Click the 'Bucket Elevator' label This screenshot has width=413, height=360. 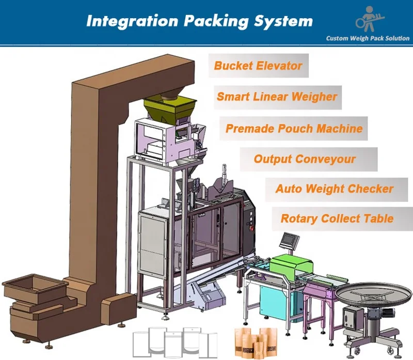tap(258, 66)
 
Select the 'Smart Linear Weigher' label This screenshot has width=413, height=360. tap(277, 97)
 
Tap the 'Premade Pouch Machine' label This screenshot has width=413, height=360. tap(294, 128)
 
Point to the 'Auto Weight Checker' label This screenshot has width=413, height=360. tap(334, 189)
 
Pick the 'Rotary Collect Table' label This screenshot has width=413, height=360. tap(337, 218)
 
